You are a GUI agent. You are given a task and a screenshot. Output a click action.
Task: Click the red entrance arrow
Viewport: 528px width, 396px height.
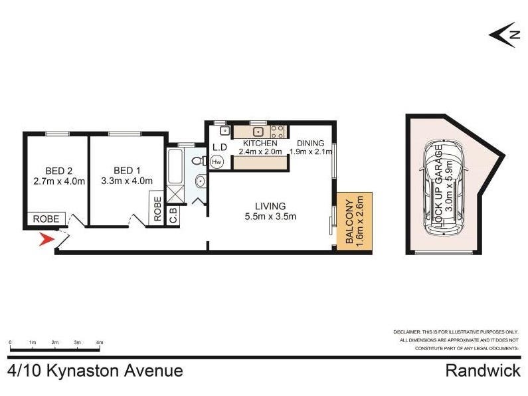46,239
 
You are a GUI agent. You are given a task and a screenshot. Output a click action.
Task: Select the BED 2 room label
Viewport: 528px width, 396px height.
59,171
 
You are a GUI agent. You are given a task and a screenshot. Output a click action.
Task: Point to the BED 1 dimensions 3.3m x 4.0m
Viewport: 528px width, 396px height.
127,181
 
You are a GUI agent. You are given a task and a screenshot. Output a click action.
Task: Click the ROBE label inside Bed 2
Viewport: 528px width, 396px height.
46,219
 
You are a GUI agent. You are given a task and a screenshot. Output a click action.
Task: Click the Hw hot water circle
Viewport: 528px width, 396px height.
217,162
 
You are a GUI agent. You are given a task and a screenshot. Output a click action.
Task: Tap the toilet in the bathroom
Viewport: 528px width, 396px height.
200,161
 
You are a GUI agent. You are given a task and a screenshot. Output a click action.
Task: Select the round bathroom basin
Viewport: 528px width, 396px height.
201,182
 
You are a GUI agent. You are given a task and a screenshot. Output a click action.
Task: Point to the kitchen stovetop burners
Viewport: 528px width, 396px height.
278,132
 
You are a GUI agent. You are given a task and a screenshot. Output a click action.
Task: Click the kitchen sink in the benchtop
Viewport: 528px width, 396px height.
258,132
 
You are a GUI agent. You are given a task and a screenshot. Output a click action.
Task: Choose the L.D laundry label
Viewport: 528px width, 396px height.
220,147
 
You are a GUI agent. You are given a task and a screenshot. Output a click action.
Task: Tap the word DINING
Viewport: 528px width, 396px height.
310,143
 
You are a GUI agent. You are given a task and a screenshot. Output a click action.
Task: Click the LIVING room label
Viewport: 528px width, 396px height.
270,206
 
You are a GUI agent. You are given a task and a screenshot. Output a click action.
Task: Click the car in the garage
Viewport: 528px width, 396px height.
444,188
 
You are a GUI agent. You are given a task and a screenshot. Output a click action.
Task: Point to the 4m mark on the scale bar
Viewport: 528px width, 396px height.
100,343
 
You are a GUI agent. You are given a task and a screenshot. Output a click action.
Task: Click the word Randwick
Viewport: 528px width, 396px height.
483,371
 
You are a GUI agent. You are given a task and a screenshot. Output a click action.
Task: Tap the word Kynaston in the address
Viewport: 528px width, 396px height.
83,371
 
